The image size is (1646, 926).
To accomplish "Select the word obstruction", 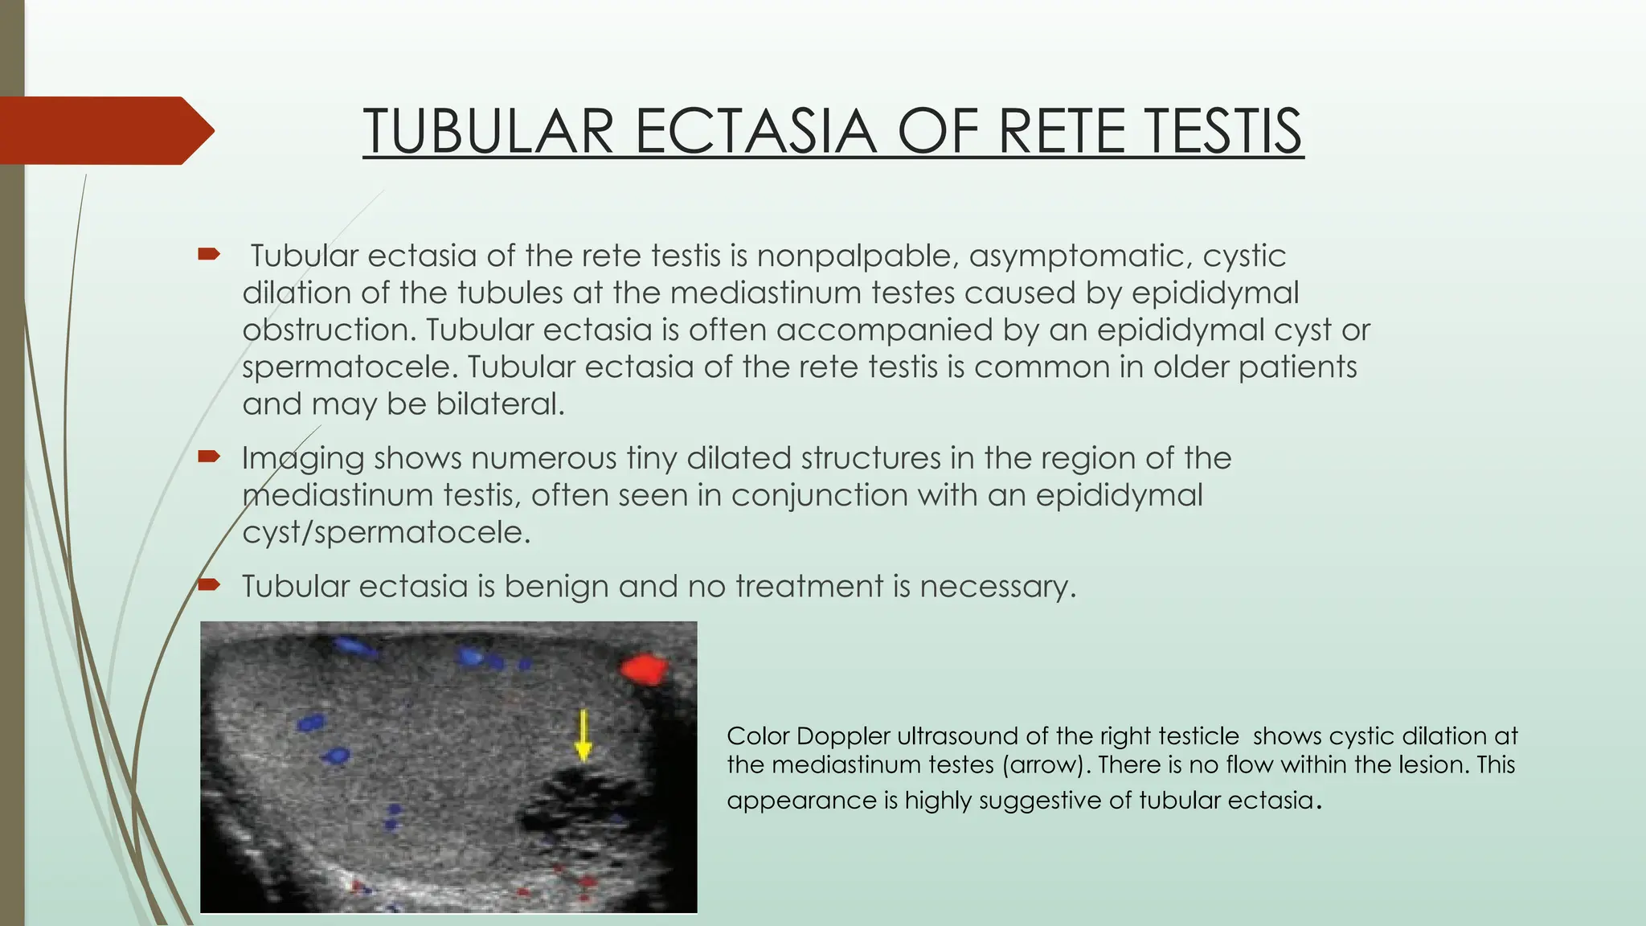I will pyautogui.click(x=328, y=330).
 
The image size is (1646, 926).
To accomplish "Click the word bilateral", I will pyautogui.click(x=500, y=404).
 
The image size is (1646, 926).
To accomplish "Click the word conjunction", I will pyautogui.click(x=819, y=495).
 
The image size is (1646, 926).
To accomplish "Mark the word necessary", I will pyautogui.click(x=996, y=587).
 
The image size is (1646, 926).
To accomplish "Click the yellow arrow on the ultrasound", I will pyautogui.click(x=583, y=735).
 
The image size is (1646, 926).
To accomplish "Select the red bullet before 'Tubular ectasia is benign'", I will pyautogui.click(x=209, y=584).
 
